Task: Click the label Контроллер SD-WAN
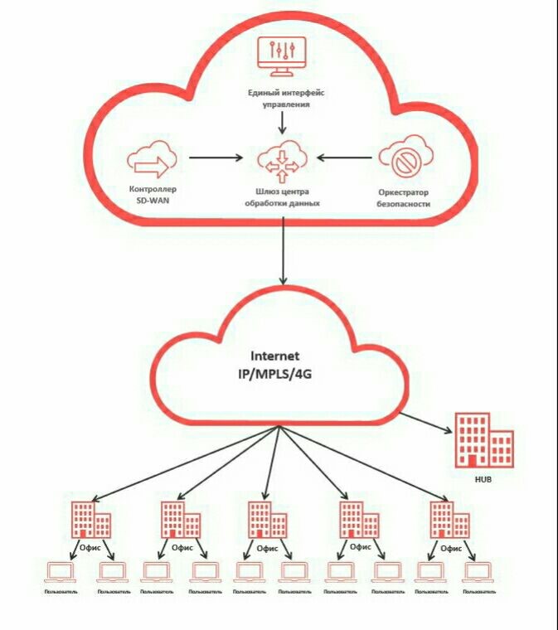click(153, 196)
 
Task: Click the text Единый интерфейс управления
click(279, 99)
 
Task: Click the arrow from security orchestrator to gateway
click(344, 157)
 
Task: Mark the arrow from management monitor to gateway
click(282, 123)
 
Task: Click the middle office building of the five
click(267, 520)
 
